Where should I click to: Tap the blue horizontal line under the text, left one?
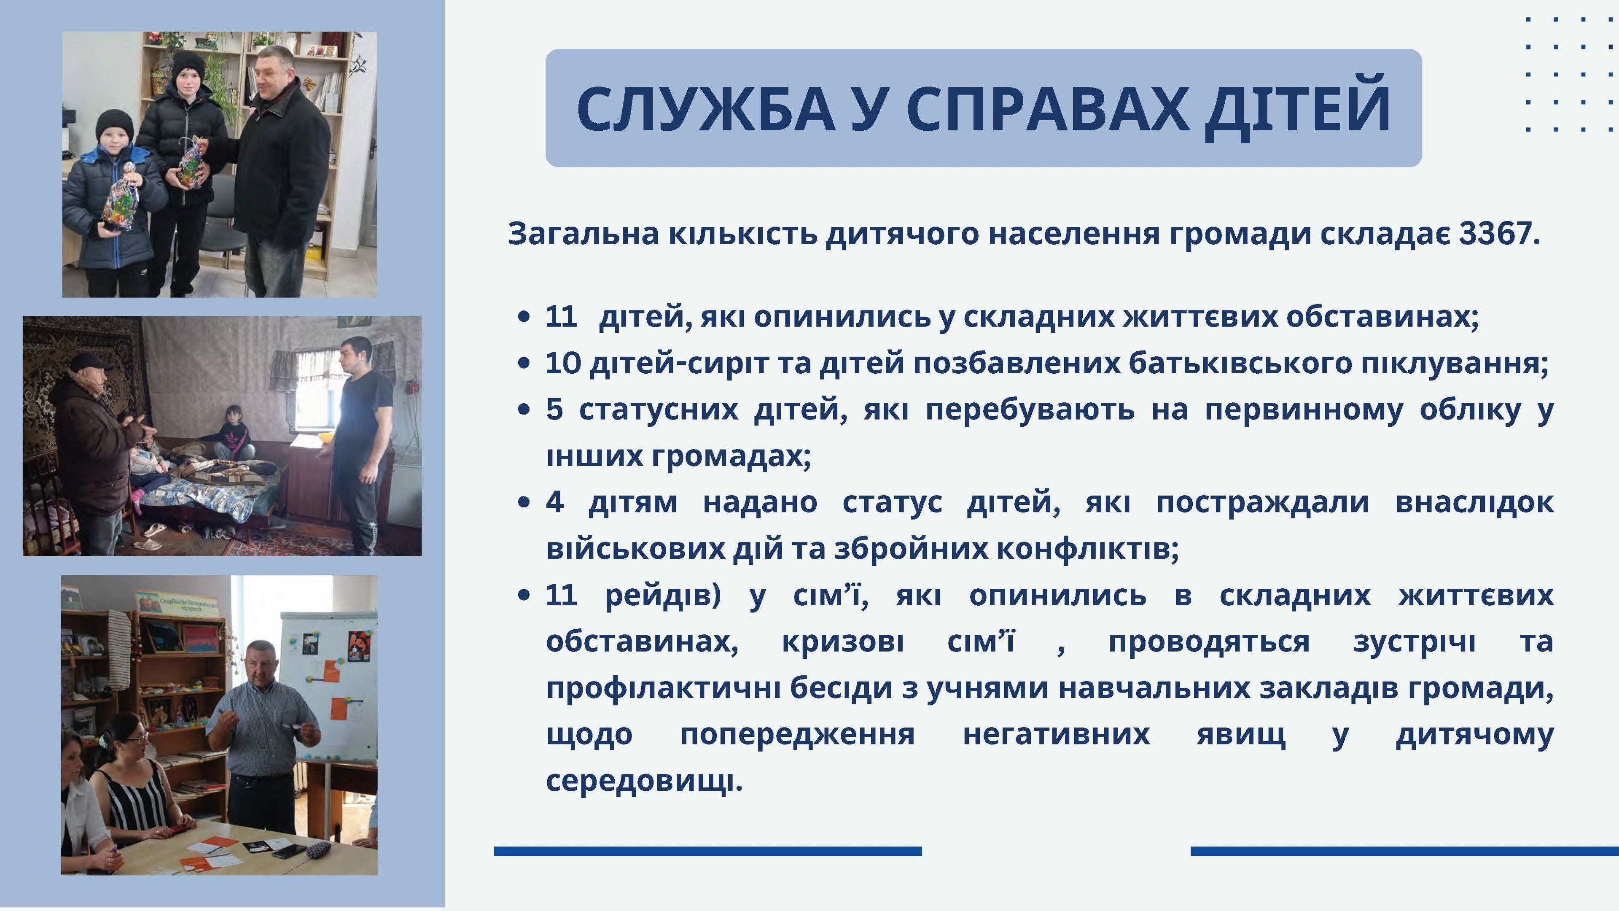[x=708, y=851]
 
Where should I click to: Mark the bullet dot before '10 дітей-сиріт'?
[x=524, y=364]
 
